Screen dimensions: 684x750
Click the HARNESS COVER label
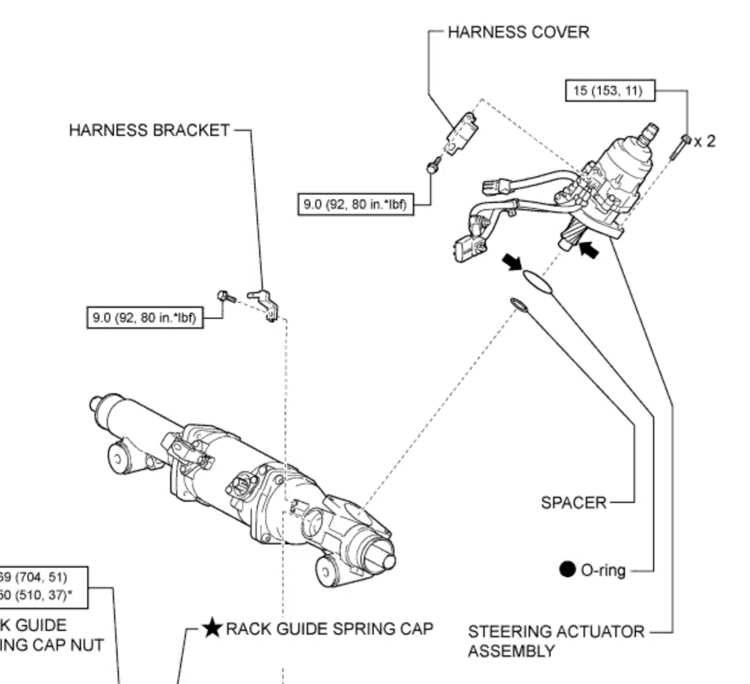518,32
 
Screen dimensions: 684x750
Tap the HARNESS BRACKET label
149,130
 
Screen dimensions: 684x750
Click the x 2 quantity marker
705,141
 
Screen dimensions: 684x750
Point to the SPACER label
574,503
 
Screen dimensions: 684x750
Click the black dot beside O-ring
567,569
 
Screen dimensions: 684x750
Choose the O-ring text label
603,571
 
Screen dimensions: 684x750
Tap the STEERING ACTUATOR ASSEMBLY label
555,641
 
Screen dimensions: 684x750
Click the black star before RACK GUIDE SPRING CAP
212,628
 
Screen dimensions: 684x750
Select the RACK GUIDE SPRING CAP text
329,629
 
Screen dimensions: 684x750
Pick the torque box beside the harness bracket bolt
145,318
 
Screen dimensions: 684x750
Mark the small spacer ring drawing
518,304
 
